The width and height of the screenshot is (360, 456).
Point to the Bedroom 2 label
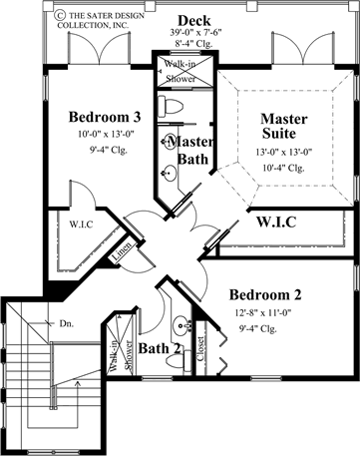[x=266, y=295]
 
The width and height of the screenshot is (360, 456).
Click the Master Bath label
[x=180, y=151]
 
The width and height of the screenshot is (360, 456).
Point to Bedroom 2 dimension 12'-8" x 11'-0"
[x=266, y=313]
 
